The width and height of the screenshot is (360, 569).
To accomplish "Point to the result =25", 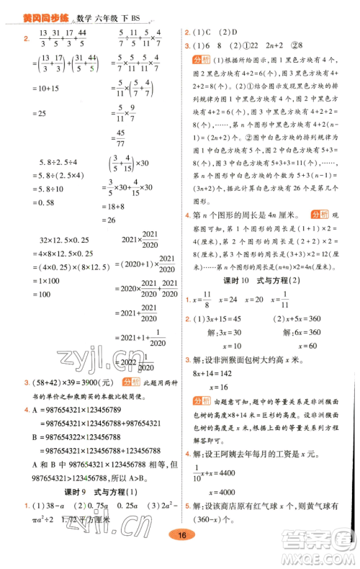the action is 38,115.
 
